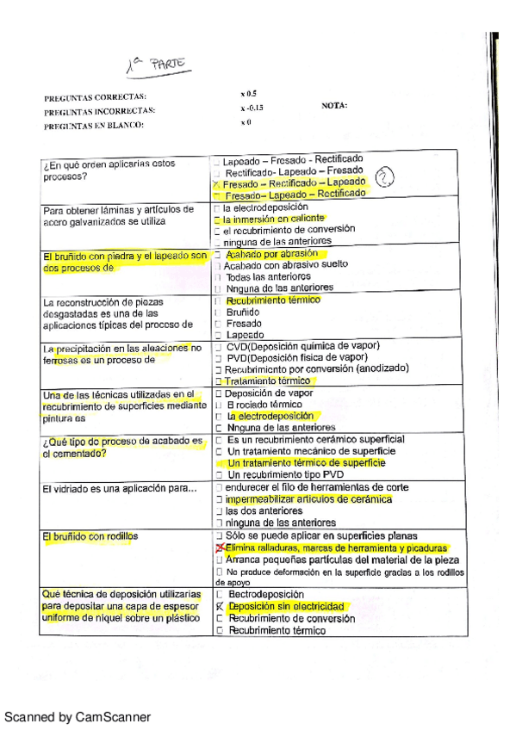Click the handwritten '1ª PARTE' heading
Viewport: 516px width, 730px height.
click(157, 65)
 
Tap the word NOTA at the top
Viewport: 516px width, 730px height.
click(334, 106)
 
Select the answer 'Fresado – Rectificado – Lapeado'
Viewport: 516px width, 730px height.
click(293, 183)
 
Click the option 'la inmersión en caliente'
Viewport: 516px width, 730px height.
click(268, 220)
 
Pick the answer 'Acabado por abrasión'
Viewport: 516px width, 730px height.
click(271, 254)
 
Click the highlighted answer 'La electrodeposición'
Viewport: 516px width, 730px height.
click(276, 416)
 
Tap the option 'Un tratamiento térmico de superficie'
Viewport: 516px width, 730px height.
click(306, 462)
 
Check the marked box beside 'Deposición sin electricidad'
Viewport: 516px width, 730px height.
click(220, 607)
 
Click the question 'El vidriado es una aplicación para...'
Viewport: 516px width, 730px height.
click(119, 489)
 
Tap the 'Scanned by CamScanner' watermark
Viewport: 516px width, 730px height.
click(78, 717)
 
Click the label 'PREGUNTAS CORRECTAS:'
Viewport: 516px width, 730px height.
click(95, 97)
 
